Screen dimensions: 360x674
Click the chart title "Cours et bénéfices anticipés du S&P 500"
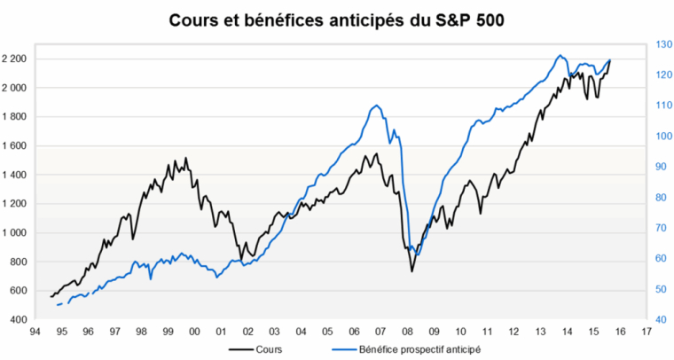tap(336, 19)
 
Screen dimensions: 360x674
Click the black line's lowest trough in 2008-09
tap(411, 270)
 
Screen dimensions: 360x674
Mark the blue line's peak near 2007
tap(378, 106)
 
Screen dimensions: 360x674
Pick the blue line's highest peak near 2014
tap(560, 55)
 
